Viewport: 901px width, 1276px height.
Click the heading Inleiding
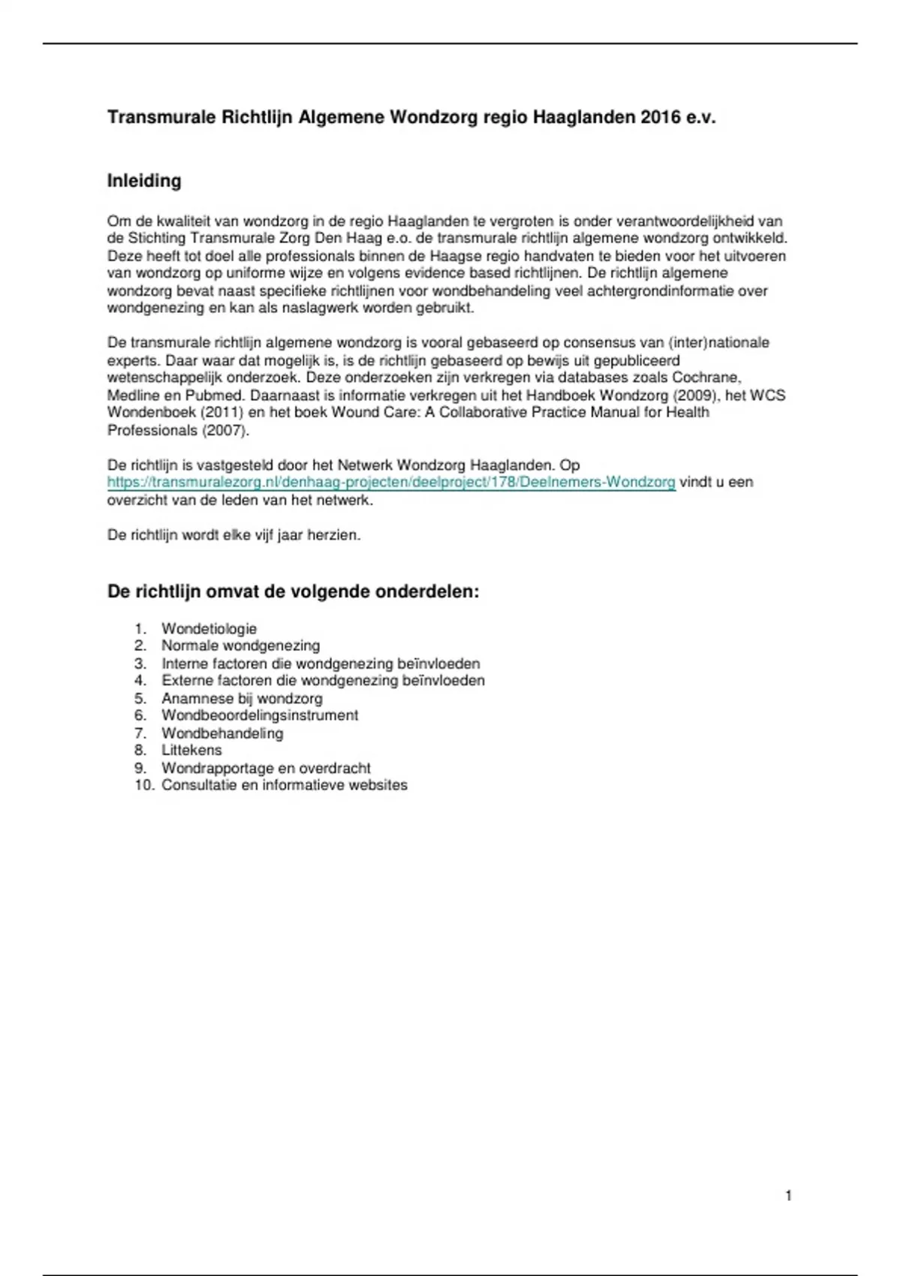(x=144, y=181)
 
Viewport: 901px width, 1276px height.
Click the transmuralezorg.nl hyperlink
(x=391, y=483)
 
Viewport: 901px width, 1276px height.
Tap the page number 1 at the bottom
(x=788, y=1196)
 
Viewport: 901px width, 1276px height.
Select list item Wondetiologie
(x=209, y=629)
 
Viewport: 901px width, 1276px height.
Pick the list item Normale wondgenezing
(x=240, y=646)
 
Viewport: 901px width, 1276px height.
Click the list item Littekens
(x=191, y=751)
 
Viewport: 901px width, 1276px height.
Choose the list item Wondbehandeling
(x=222, y=733)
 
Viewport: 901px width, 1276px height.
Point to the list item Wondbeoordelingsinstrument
(x=260, y=715)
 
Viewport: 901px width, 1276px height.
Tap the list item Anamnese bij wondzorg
(x=242, y=699)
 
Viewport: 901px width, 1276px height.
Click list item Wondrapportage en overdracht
(x=266, y=768)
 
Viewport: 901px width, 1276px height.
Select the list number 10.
(x=144, y=785)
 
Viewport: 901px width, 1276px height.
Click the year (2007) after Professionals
(x=225, y=430)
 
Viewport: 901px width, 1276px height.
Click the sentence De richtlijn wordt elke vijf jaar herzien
(x=234, y=536)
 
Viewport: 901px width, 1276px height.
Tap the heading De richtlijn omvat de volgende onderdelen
(x=293, y=591)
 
